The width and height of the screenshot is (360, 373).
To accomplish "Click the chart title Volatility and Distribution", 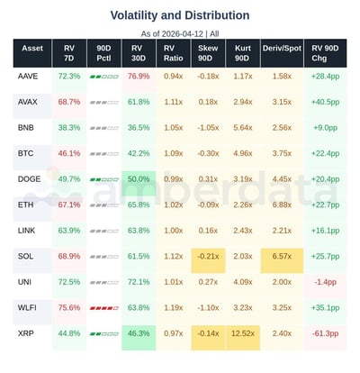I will [x=180, y=15].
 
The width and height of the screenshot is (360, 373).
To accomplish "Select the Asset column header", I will [x=32, y=53].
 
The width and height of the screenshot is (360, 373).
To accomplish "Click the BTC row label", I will [x=26, y=153].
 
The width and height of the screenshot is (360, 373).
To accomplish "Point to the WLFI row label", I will [x=28, y=308].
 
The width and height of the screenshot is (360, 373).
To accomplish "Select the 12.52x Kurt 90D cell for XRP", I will [x=242, y=333].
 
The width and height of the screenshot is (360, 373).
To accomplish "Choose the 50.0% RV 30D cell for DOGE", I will [x=139, y=179].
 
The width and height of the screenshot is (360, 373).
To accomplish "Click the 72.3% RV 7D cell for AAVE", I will [x=68, y=77].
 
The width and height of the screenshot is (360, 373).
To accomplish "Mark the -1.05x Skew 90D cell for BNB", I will [x=208, y=128].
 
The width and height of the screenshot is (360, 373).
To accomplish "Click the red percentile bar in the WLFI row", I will [x=103, y=308].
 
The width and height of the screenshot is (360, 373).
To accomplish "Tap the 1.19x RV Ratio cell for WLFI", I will [x=174, y=308].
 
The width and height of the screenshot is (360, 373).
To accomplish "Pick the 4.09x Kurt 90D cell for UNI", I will [x=242, y=282].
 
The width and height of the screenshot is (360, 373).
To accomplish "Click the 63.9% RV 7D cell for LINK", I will [x=68, y=231].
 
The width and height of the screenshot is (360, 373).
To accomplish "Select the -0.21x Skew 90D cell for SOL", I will [x=208, y=257].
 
